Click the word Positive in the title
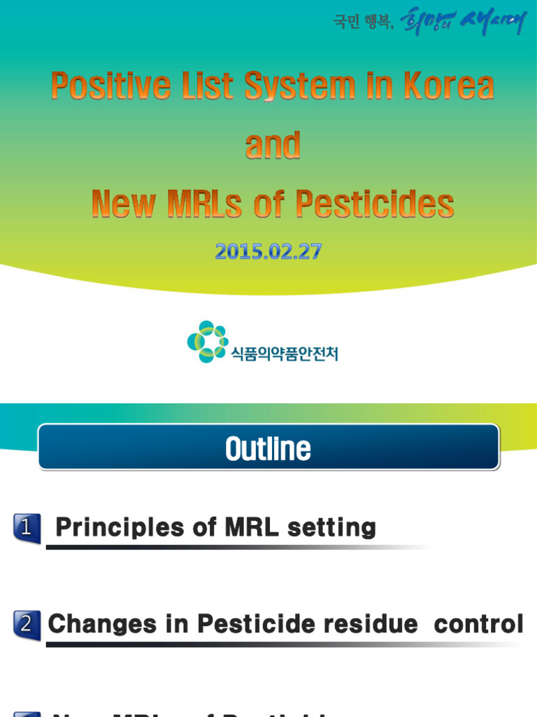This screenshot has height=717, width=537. tap(110, 87)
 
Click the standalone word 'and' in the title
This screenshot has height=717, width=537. tap(273, 145)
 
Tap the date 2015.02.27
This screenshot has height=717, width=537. tap(268, 251)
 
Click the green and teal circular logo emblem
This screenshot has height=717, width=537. tap(208, 342)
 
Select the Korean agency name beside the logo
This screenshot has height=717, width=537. tap(285, 354)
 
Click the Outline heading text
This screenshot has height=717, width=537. tap(268, 449)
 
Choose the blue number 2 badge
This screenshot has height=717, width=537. tap(27, 625)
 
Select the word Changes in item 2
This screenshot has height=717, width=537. tap(102, 624)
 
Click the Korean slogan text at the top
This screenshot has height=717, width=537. tap(429, 22)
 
